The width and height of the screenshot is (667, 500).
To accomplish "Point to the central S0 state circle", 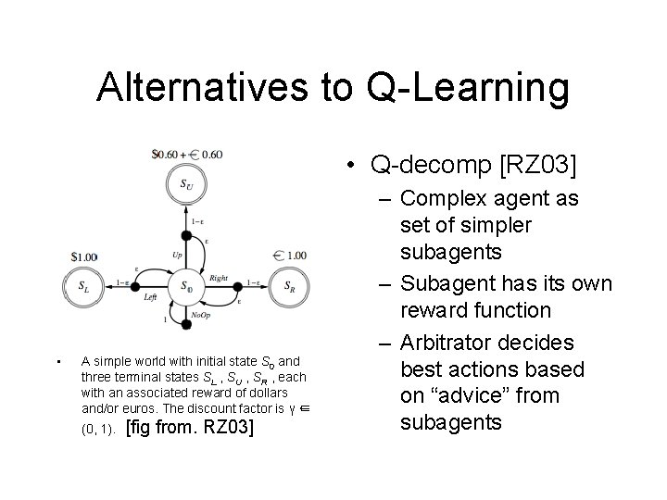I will (x=186, y=286).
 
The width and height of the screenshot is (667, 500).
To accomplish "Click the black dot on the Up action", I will (x=186, y=236).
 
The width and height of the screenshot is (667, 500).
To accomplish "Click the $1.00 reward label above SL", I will (x=84, y=256).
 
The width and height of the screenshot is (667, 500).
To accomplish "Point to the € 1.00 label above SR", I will (x=292, y=256).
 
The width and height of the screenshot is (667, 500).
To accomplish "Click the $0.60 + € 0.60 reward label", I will (x=188, y=155).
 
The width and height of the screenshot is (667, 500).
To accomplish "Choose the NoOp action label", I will (x=201, y=316).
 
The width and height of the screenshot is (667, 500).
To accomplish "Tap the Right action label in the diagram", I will (x=219, y=277).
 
